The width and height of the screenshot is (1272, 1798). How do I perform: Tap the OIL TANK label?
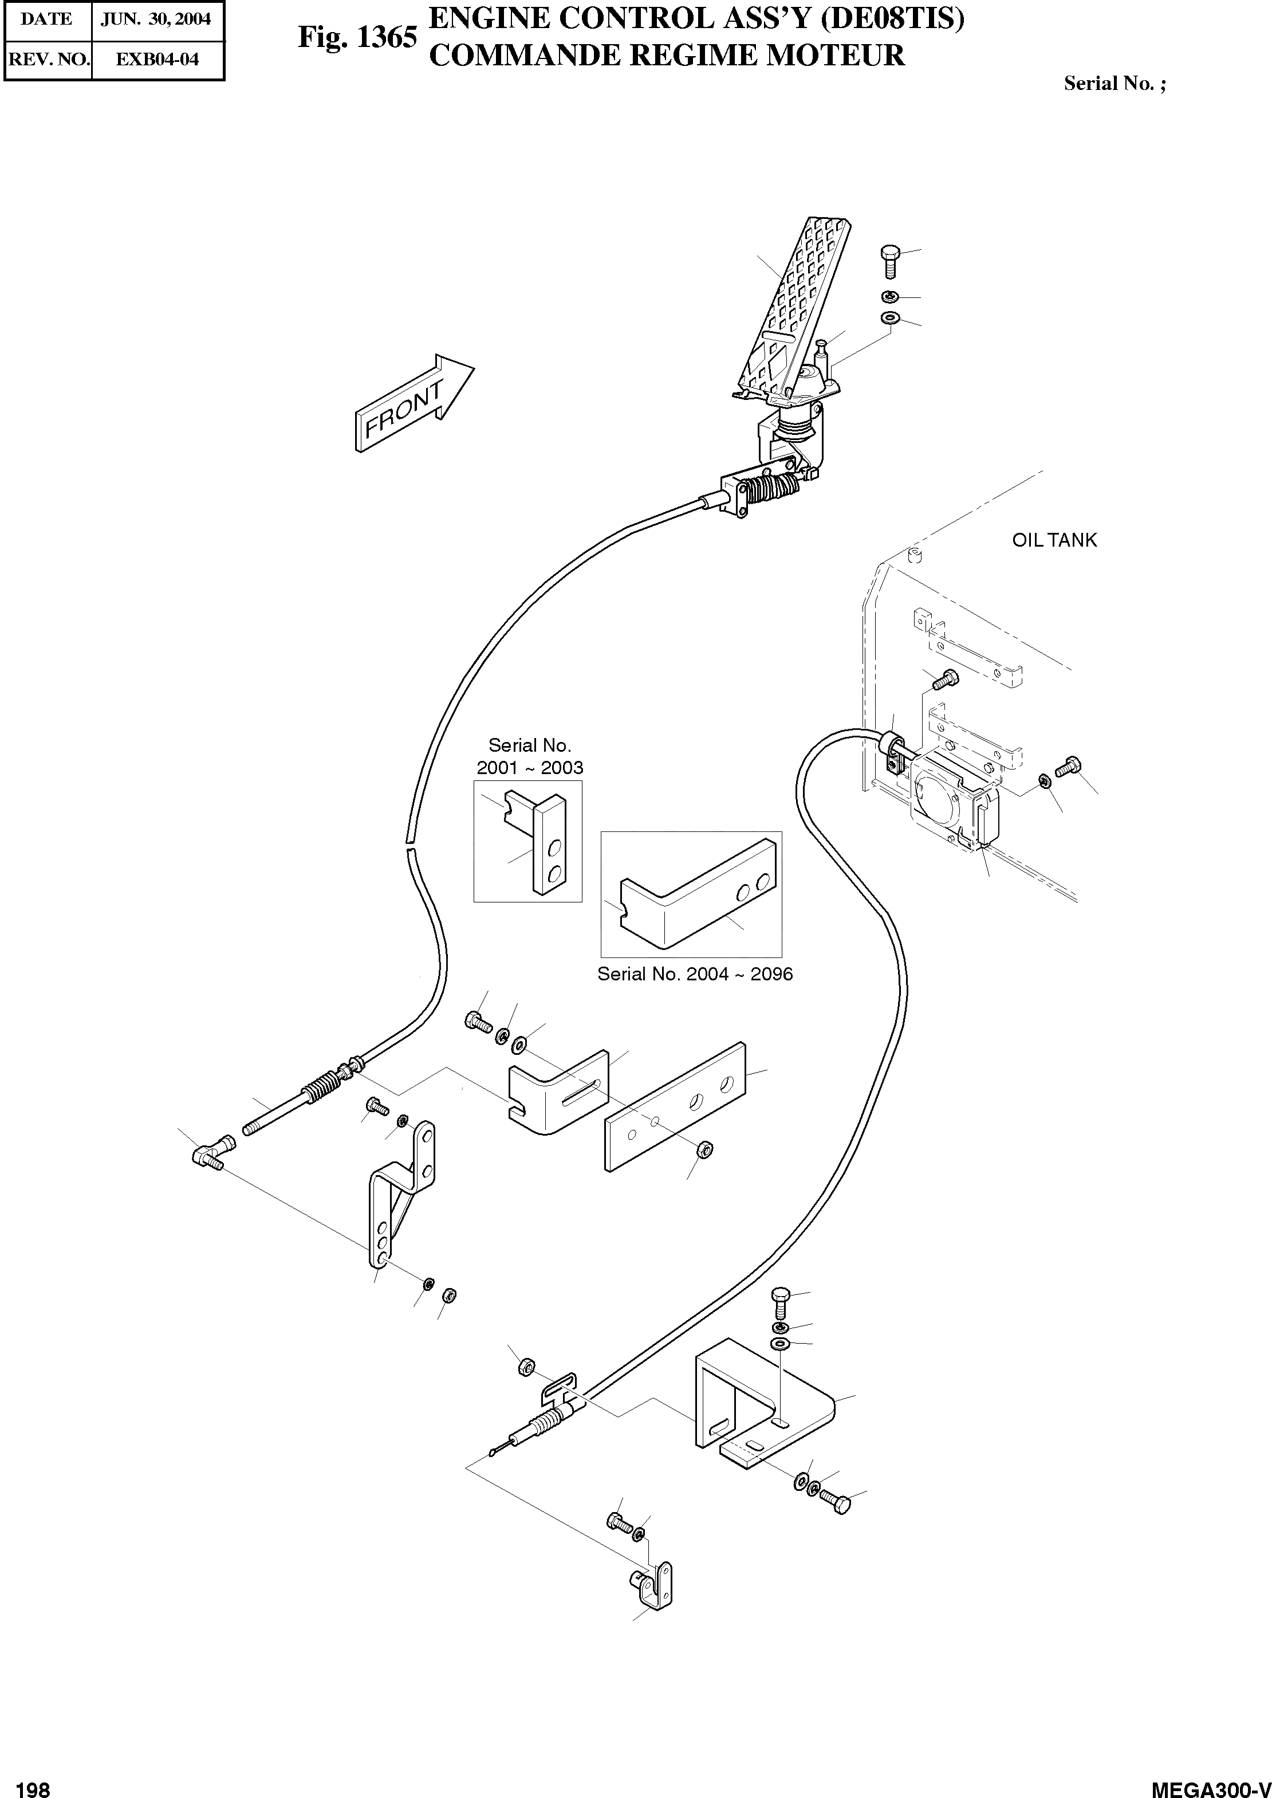click(1054, 540)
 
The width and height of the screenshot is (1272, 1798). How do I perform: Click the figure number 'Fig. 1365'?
click(357, 38)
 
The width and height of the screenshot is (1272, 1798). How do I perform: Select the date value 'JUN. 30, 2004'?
click(156, 19)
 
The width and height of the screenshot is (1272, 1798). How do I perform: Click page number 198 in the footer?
click(32, 1786)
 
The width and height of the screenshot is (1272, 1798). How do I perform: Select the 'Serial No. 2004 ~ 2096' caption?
click(695, 974)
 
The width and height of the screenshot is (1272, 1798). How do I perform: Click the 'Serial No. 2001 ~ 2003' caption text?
click(530, 756)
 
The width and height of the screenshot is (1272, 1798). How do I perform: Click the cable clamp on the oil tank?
click(893, 749)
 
